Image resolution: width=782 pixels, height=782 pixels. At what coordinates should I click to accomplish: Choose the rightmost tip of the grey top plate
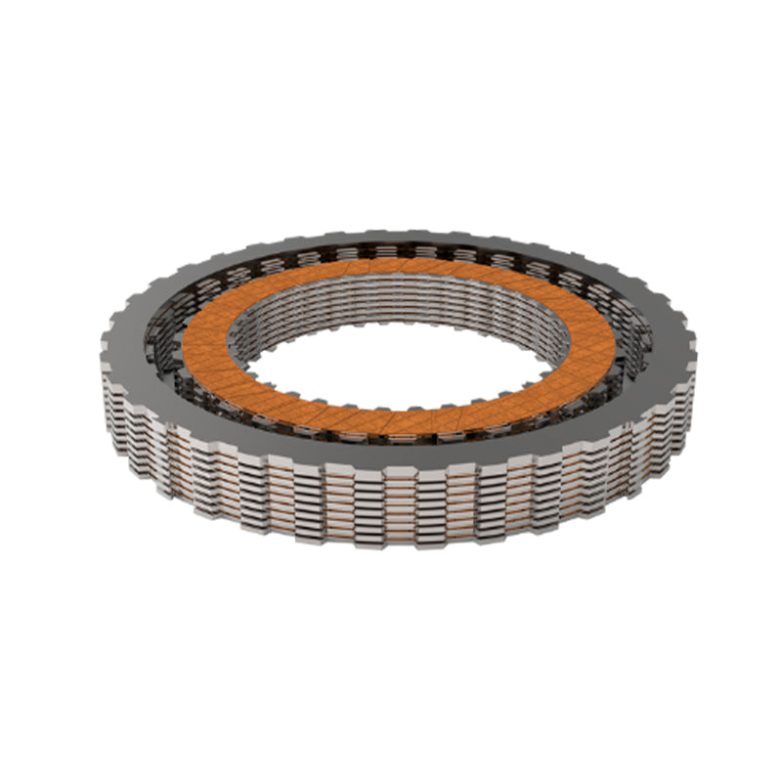(x=696, y=337)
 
